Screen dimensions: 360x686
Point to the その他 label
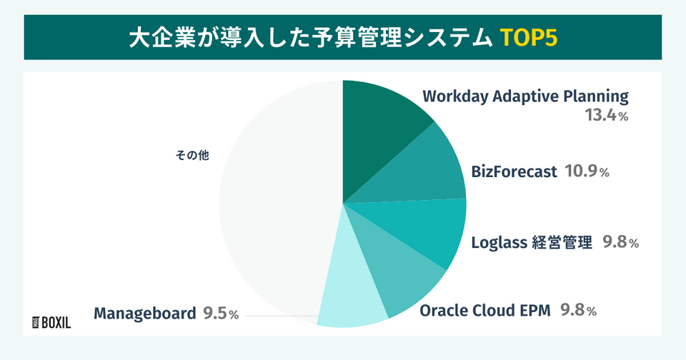193,154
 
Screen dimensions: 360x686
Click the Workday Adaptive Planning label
525,96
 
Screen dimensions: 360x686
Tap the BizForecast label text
514,172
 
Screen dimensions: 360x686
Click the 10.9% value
587,172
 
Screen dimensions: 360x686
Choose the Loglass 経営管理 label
532,243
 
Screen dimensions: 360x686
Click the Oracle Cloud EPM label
486,311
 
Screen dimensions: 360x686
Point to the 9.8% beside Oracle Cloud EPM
578,311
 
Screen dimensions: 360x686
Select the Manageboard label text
145,314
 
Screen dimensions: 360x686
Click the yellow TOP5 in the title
527,37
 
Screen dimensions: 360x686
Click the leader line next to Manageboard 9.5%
279,315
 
